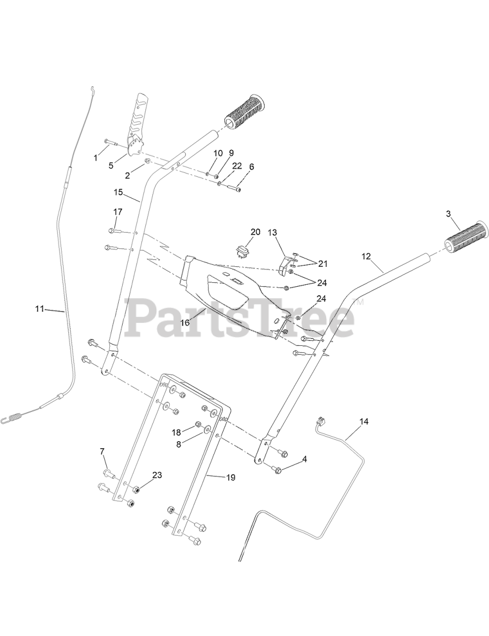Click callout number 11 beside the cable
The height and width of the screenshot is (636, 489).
pyautogui.click(x=39, y=309)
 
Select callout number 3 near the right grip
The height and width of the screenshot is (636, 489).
pyautogui.click(x=448, y=214)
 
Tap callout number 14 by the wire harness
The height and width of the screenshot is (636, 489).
pyautogui.click(x=364, y=422)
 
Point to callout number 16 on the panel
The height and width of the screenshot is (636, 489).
pyautogui.click(x=185, y=322)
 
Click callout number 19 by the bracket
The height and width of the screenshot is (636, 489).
pyautogui.click(x=231, y=477)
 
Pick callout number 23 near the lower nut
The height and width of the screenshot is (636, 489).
pyautogui.click(x=157, y=475)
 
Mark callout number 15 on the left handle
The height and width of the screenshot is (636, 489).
pyautogui.click(x=118, y=192)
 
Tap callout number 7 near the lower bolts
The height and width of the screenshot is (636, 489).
pyautogui.click(x=102, y=452)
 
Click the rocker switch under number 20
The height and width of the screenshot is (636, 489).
pyautogui.click(x=242, y=249)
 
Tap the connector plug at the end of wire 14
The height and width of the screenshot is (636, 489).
pyautogui.click(x=319, y=422)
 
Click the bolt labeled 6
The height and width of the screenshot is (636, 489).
pyautogui.click(x=233, y=188)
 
